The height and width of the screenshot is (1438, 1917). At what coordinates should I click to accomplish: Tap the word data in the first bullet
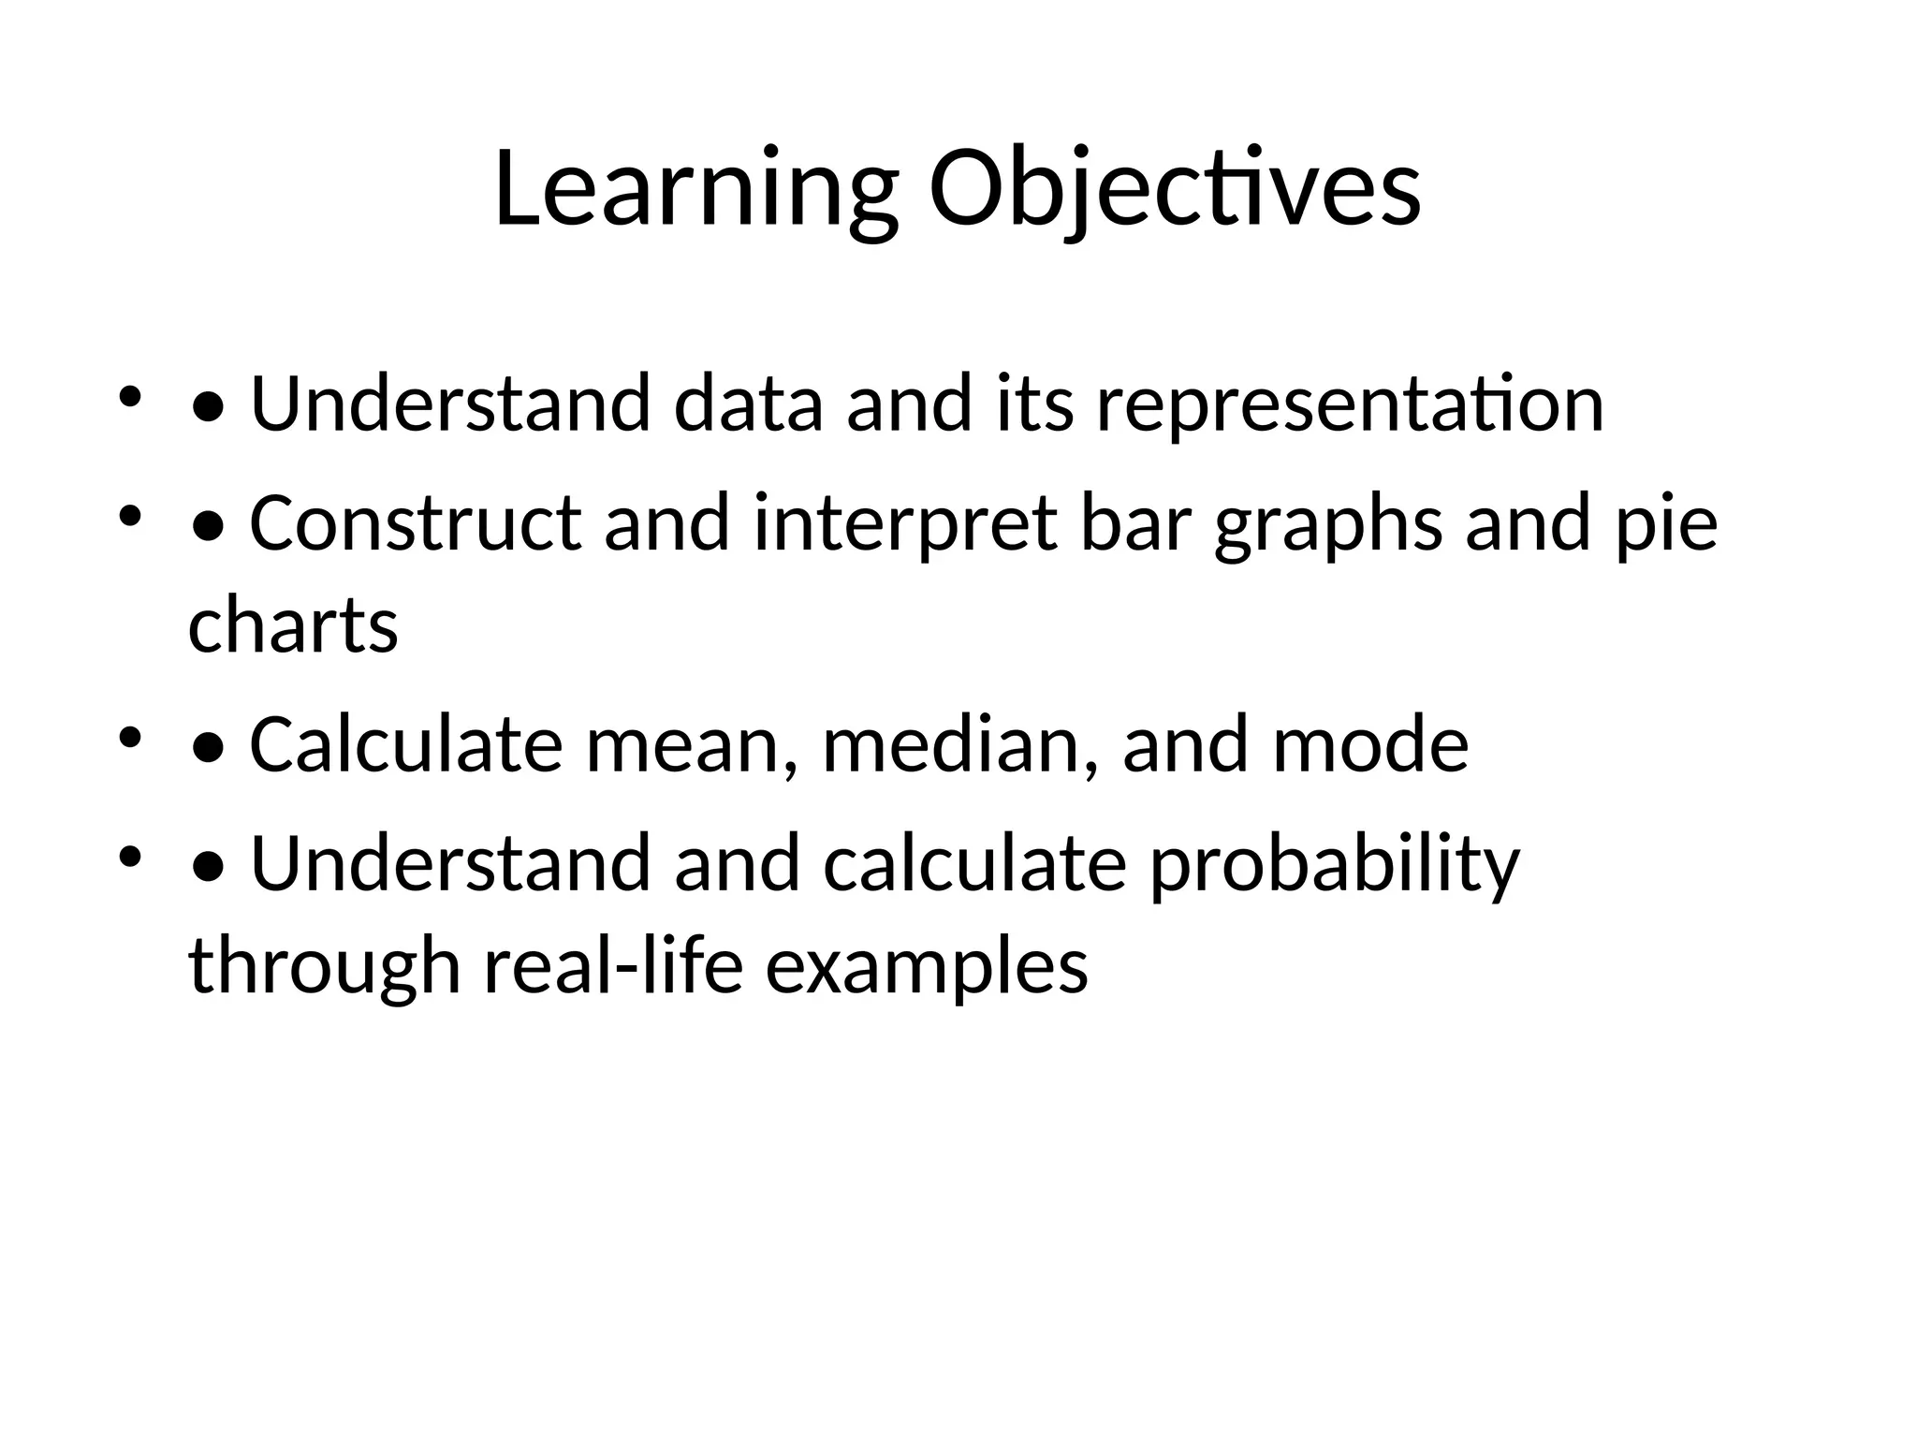point(748,404)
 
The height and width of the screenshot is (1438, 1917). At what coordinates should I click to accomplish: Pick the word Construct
point(415,523)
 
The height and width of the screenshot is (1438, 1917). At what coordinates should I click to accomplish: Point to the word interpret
point(905,523)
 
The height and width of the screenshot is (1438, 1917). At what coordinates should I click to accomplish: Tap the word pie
point(1666,523)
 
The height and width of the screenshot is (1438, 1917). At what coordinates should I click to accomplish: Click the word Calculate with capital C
point(406,744)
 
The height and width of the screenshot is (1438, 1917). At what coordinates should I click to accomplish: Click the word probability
point(1334,864)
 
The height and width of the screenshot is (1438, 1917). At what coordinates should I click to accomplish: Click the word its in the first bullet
point(1034,404)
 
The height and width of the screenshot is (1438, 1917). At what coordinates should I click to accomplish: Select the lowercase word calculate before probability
point(974,864)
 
